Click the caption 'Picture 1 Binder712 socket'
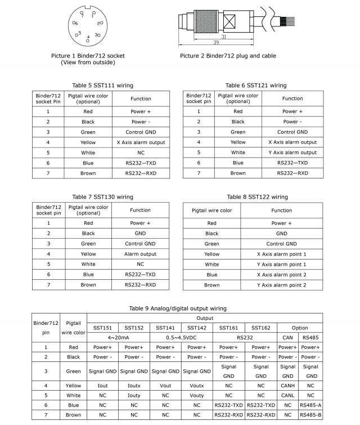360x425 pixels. (87, 56)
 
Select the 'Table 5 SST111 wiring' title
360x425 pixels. (103, 86)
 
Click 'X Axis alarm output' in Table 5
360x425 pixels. (141, 142)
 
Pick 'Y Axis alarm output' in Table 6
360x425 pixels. (292, 153)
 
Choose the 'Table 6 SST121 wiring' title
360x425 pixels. (256, 86)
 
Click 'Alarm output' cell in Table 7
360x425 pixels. (141, 254)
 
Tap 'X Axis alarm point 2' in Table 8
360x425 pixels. (281, 275)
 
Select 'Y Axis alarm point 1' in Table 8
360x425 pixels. (281, 265)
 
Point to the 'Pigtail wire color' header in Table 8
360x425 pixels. (211, 211)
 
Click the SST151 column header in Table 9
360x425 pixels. (102, 328)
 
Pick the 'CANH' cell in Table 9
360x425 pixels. (287, 386)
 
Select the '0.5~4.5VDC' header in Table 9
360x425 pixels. (181, 338)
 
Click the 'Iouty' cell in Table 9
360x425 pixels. (133, 396)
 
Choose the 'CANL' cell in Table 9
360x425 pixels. (287, 396)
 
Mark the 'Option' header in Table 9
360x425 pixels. (299, 328)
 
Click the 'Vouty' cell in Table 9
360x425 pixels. (196, 396)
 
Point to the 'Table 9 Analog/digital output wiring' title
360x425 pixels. (178, 308)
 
